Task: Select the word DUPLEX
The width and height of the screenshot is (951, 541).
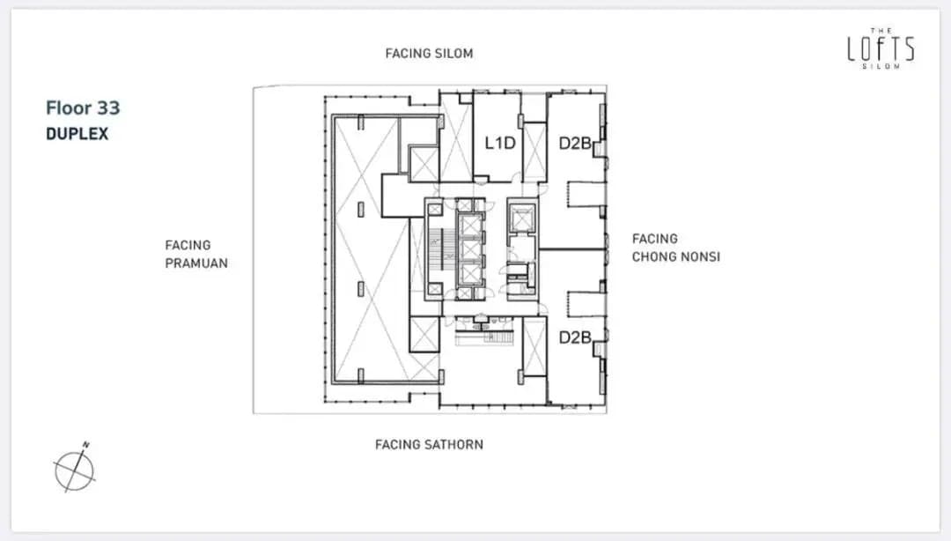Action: click(77, 134)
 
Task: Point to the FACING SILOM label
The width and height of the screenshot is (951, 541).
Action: click(429, 54)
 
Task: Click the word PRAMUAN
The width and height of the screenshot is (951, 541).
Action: click(196, 263)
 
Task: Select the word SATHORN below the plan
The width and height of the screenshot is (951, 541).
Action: click(457, 444)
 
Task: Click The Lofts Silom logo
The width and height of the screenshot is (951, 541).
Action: click(881, 48)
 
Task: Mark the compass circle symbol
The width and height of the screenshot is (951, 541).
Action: click(75, 471)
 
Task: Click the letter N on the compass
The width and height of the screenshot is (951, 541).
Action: click(86, 444)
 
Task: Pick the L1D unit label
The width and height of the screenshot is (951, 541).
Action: click(500, 144)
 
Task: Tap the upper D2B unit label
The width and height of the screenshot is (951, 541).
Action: click(574, 144)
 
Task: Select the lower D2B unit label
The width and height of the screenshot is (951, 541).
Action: click(574, 337)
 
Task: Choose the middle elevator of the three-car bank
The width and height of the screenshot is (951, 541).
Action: click(470, 249)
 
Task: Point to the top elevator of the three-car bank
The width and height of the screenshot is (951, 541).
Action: click(470, 224)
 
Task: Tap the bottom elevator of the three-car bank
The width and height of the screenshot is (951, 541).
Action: click(470, 274)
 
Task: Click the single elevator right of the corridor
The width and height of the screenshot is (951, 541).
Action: click(521, 217)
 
